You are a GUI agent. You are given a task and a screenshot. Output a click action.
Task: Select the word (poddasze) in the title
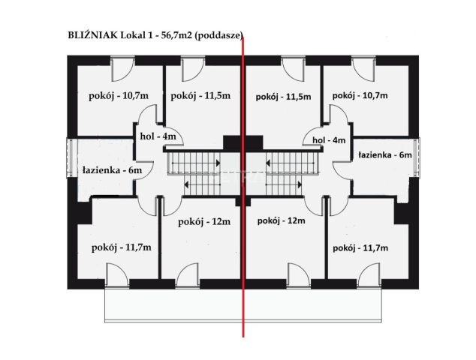219,34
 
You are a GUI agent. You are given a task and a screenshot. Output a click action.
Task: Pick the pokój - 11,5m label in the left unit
200,96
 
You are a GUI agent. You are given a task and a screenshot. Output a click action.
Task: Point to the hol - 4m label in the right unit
329,139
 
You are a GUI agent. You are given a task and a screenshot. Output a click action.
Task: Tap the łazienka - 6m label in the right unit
385,154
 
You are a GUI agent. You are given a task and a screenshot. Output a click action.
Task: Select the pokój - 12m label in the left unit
203,222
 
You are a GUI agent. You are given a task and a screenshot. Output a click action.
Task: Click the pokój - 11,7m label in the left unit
121,247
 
